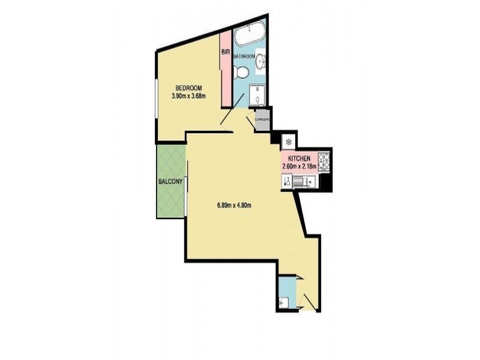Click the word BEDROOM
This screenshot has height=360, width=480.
(187, 87)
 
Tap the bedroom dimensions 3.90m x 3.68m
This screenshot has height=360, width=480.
(189, 95)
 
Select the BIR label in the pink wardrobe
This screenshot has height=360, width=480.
(226, 52)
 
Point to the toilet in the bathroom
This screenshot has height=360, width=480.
(241, 73)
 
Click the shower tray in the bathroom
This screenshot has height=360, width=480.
(258, 95)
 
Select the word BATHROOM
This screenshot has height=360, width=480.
(245, 56)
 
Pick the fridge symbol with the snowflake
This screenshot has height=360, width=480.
(287, 142)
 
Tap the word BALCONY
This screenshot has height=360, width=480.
(170, 181)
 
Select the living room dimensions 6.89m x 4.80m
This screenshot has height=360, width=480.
(233, 205)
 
